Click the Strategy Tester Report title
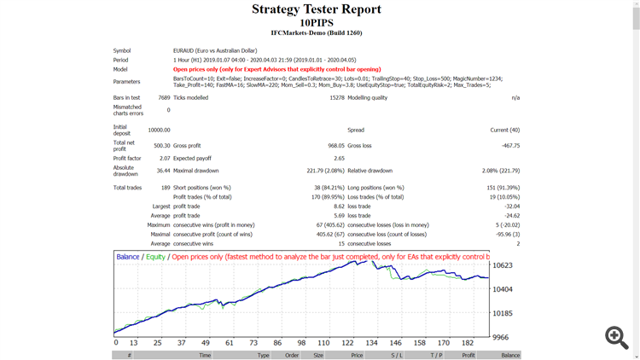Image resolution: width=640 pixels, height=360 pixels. click(317, 9)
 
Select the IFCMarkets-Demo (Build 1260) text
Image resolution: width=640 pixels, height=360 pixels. click(317, 33)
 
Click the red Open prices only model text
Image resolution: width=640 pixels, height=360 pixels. click(276, 69)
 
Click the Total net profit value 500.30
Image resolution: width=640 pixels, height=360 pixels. click(161, 146)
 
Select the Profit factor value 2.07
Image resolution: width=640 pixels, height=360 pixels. click(164, 159)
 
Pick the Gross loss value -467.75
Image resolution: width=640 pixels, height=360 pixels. click(510, 146)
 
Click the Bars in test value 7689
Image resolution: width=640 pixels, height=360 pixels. click(163, 98)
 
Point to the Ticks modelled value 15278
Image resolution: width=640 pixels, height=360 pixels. click(336, 98)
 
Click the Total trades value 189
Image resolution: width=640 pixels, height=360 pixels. click(164, 188)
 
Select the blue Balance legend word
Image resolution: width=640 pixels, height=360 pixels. click(128, 257)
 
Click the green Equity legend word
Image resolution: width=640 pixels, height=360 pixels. click(155, 257)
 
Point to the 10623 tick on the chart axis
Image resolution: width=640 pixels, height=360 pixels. click(503, 265)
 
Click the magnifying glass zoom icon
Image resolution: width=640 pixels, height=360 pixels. click(616, 337)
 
